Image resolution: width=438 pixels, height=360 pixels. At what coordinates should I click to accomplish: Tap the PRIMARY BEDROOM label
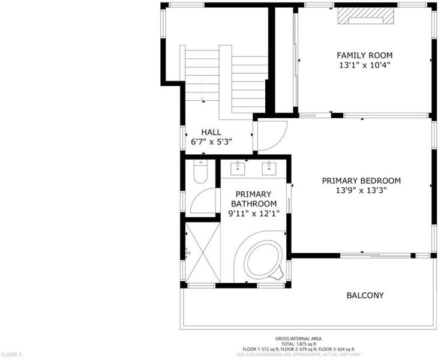click(361, 181)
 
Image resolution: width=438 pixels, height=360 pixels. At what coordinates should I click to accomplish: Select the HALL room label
click(211, 132)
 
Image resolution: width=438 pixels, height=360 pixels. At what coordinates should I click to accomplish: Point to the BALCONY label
click(365, 295)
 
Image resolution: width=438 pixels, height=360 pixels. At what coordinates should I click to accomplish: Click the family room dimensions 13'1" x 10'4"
click(364, 65)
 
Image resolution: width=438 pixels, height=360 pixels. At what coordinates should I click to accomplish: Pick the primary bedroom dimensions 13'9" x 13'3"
click(361, 190)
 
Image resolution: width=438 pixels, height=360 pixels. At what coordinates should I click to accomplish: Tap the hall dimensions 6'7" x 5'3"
click(211, 142)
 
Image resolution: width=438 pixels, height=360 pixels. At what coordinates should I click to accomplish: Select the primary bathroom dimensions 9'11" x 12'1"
click(254, 214)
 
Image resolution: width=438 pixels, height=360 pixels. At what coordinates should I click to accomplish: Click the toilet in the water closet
click(200, 172)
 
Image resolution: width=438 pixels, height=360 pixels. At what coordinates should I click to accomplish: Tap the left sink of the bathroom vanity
click(238, 169)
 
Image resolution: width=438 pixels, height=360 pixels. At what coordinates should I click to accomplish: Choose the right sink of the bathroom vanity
click(269, 169)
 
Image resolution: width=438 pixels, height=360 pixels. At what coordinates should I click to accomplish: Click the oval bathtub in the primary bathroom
click(263, 260)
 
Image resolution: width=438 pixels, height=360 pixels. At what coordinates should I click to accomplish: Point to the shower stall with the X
click(203, 252)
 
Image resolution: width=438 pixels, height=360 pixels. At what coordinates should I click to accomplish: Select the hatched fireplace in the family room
click(365, 16)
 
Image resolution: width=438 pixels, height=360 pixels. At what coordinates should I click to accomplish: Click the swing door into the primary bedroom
click(272, 136)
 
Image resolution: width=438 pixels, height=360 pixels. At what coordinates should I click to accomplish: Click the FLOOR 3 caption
click(11, 355)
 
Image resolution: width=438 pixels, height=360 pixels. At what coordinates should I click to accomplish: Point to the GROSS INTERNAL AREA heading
click(298, 338)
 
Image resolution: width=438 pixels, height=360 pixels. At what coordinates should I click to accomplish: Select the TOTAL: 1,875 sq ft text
click(298, 344)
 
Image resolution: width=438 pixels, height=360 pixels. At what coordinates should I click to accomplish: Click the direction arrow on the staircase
click(202, 89)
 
